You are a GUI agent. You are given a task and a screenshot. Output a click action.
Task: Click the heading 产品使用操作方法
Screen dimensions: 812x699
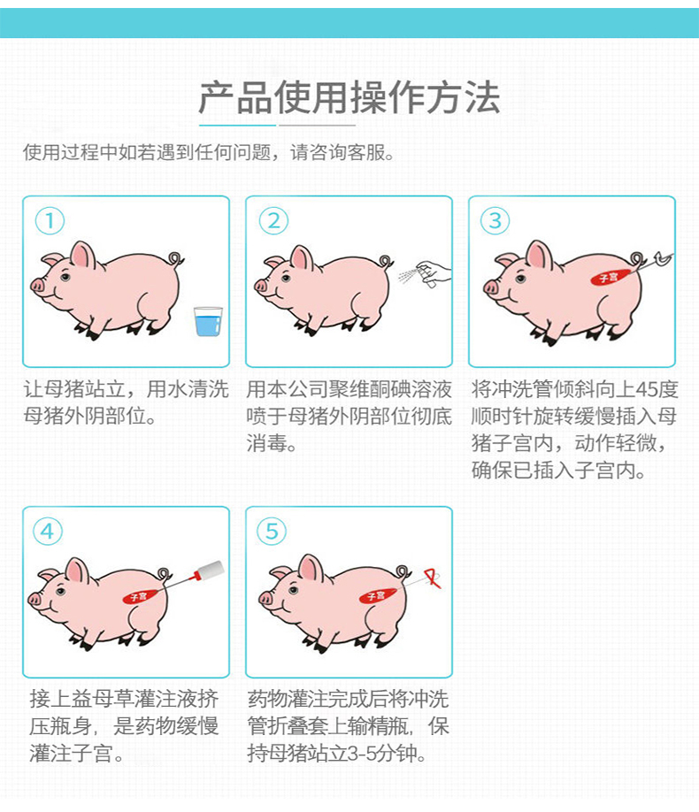[x=349, y=98]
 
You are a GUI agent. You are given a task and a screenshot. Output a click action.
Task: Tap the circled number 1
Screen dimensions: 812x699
[x=50, y=220]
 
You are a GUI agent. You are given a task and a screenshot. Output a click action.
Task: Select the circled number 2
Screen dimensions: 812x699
[x=273, y=220]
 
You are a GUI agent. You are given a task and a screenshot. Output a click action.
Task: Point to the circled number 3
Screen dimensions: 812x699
[x=495, y=220]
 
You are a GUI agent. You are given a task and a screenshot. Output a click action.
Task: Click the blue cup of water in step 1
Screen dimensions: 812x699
[x=208, y=321]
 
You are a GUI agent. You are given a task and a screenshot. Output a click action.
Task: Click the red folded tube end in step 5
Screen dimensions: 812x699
[x=433, y=578]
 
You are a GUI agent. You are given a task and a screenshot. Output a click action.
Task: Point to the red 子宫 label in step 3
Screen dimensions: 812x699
[x=611, y=276]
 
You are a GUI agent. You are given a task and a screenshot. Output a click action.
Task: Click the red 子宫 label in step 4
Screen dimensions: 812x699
[x=142, y=596]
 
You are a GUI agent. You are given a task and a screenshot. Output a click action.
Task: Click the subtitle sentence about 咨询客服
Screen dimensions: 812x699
[x=207, y=152]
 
